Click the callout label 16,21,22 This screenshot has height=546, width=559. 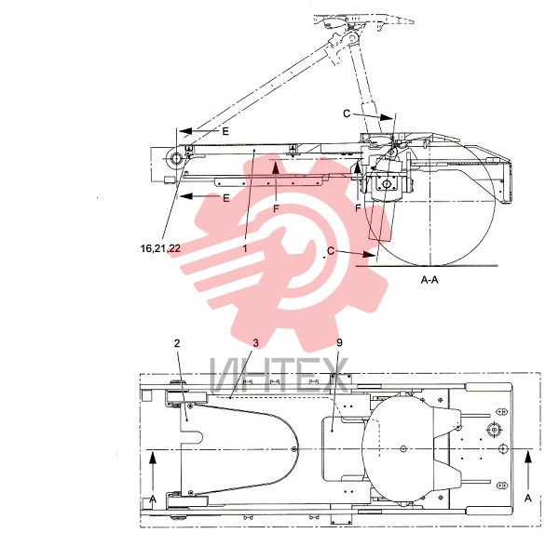pos(160,248)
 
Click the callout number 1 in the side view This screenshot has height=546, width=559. pos(245,248)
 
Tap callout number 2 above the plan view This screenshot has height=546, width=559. pos(177,343)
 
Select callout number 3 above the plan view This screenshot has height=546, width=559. pos(255,343)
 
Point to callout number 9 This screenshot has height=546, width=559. pos(339,342)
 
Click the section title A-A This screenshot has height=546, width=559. pos(429,280)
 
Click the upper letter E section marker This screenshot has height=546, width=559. pos(225,131)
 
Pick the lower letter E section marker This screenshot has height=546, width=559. pos(226,198)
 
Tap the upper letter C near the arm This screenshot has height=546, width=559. pos(347,113)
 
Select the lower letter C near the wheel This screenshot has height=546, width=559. pos(331,251)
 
